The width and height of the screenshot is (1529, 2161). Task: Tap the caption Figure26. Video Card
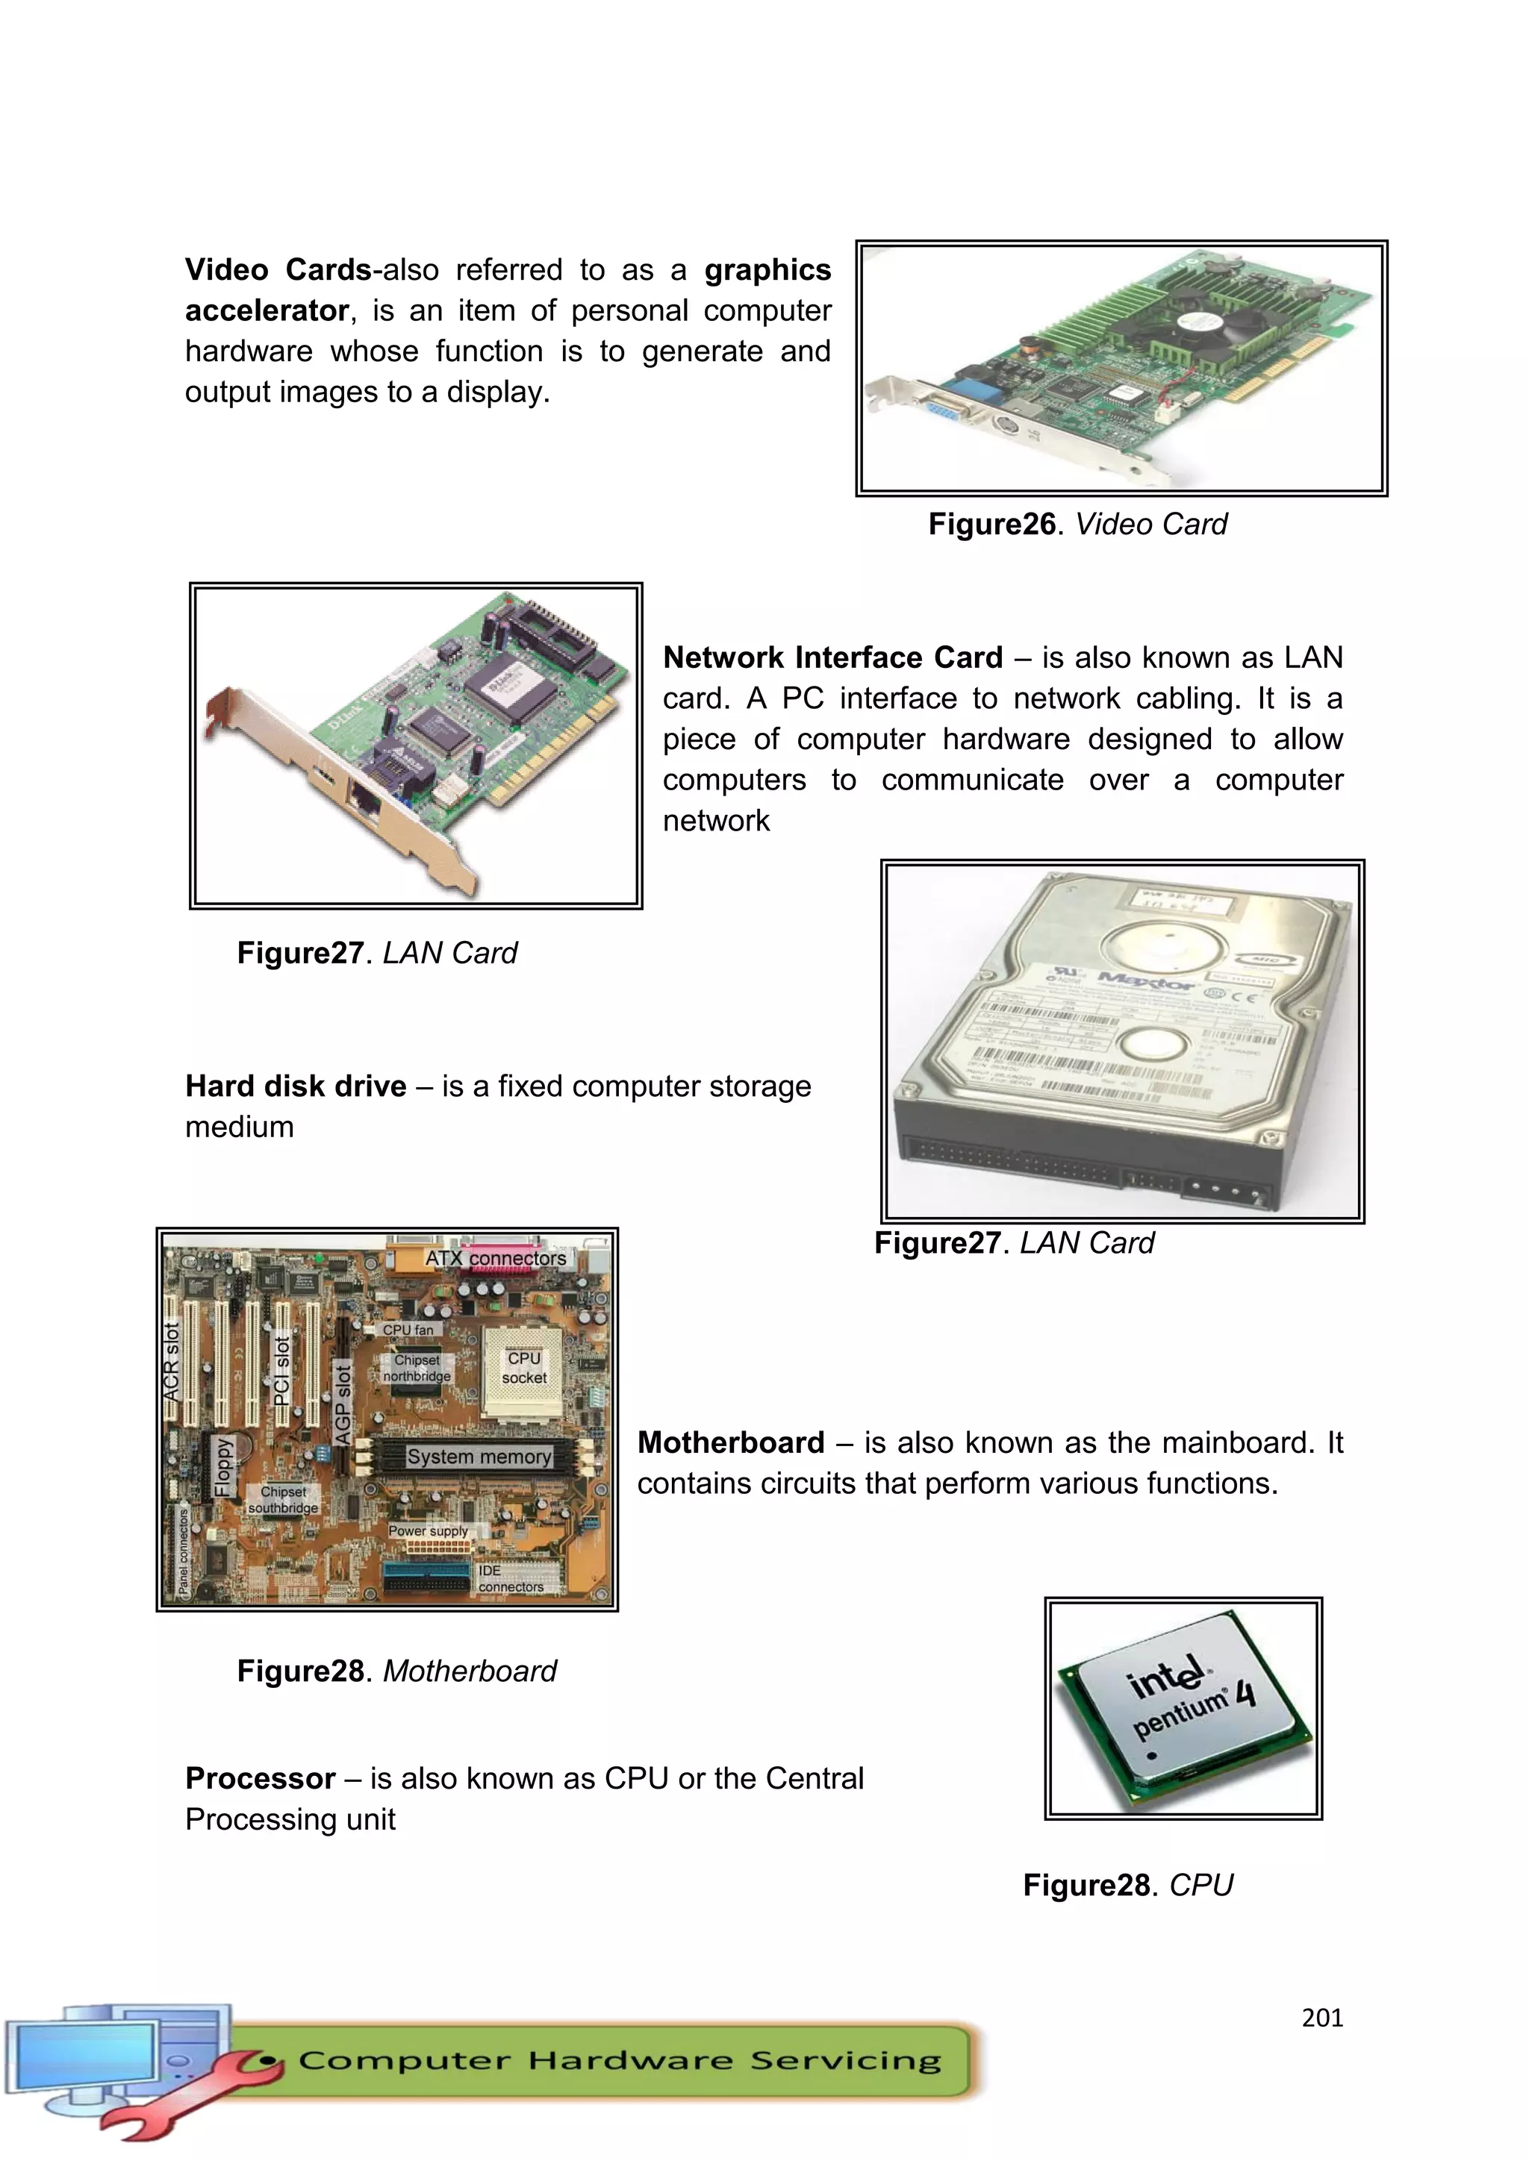pyautogui.click(x=1077, y=525)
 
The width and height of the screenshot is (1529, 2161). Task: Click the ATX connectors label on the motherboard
pyautogui.click(x=495, y=1258)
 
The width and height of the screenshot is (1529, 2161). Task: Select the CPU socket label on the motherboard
pyautogui.click(x=523, y=1368)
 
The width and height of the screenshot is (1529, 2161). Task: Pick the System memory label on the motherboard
pyautogui.click(x=479, y=1456)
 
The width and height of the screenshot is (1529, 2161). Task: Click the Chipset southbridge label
pyautogui.click(x=284, y=1499)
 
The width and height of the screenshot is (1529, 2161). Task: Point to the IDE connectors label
pyautogui.click(x=511, y=1578)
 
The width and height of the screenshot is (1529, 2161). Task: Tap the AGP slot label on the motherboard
pyautogui.click(x=343, y=1404)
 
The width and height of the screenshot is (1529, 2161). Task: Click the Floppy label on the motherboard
pyautogui.click(x=223, y=1466)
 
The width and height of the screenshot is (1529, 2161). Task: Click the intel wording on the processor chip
pyautogui.click(x=1165, y=1680)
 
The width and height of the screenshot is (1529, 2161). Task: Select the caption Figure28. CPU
pyautogui.click(x=1127, y=1885)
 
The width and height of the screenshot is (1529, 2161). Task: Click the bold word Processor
pyautogui.click(x=260, y=1778)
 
